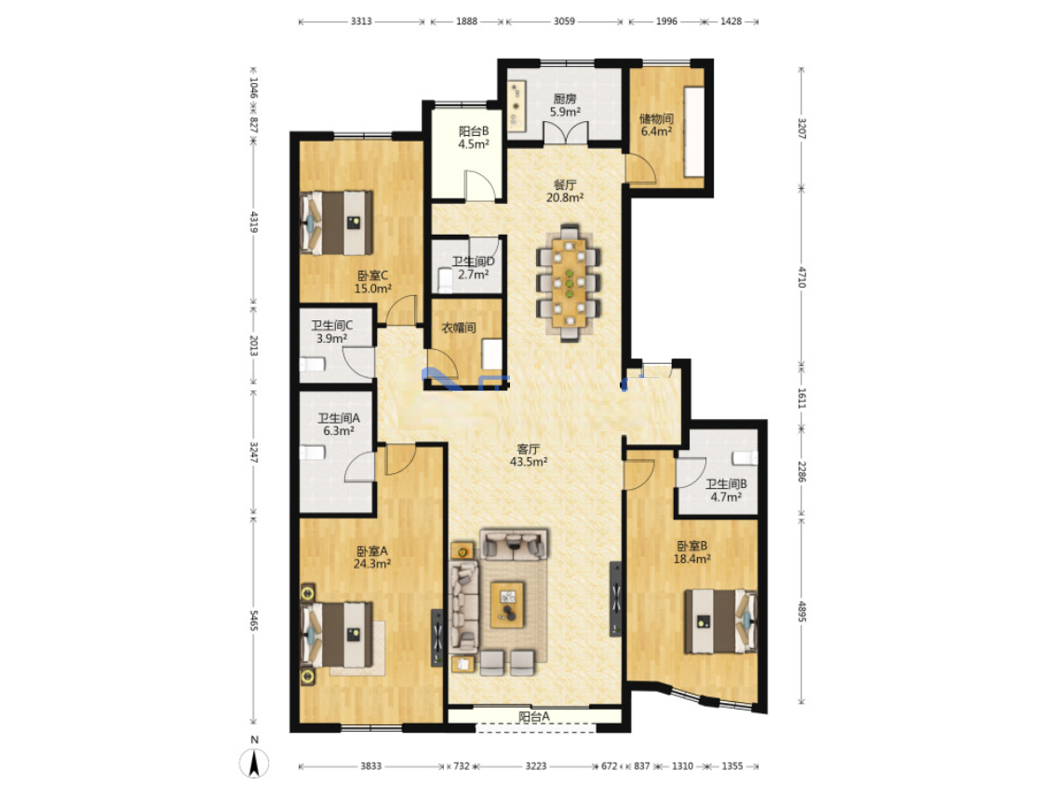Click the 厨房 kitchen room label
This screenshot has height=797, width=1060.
[565, 99]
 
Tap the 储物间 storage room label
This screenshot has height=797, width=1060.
[656, 118]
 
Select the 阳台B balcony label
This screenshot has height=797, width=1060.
[473, 131]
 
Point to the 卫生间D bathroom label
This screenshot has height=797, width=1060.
[473, 261]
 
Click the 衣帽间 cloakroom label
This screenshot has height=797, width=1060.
[459, 328]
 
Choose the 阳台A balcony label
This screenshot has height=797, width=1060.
[534, 716]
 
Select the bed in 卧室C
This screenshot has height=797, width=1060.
[337, 223]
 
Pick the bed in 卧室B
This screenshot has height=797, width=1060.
[720, 621]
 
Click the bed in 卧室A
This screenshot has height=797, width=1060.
[337, 635]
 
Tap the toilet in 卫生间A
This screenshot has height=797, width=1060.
[313, 452]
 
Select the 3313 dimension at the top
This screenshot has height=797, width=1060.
[361, 21]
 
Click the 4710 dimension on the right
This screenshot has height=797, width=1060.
[802, 277]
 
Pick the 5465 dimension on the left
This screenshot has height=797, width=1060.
[254, 620]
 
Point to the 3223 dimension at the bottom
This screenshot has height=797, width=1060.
[535, 766]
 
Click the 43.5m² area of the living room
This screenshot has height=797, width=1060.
[528, 462]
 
